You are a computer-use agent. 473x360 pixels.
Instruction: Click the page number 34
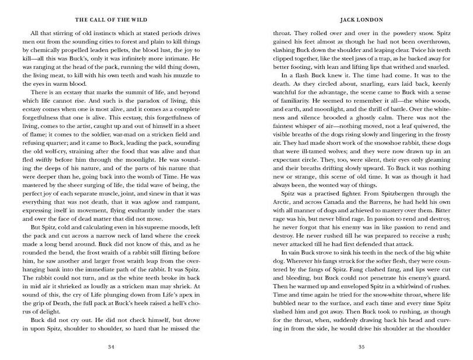point(111,348)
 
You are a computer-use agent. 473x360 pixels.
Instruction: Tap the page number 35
point(361,348)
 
